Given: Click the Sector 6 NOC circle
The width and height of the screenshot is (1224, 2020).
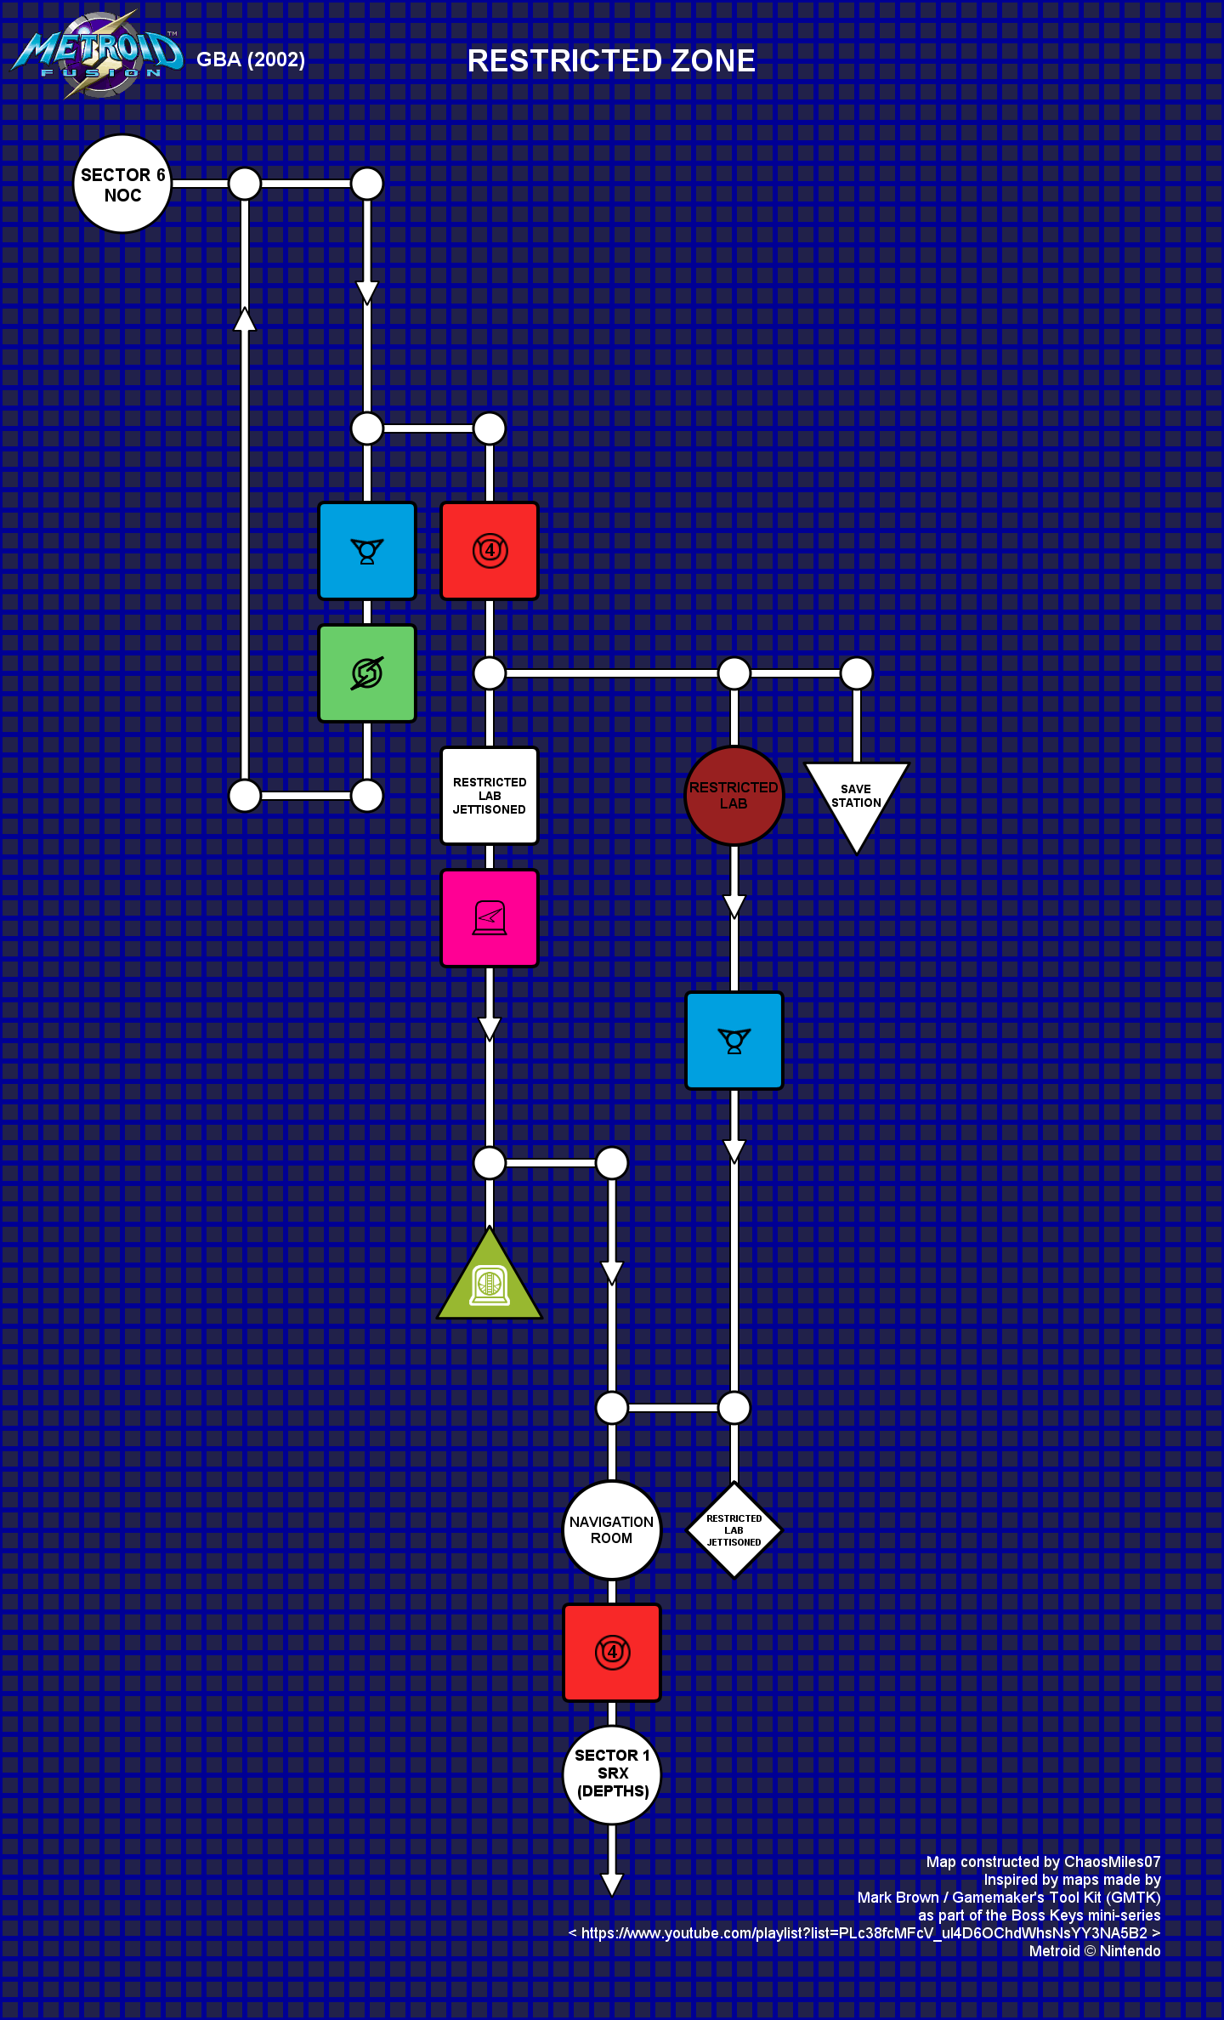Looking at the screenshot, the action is click(122, 184).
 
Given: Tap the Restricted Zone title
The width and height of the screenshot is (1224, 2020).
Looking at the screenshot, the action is click(611, 60).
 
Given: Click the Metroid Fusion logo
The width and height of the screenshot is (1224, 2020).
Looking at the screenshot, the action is click(98, 54).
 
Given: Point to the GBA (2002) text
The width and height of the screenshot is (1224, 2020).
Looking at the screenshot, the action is click(251, 60).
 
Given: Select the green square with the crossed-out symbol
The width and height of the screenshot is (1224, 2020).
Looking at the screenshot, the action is click(367, 673).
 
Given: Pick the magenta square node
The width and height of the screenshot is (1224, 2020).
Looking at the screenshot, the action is click(490, 918).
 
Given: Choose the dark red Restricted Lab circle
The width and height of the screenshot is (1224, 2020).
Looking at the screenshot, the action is click(734, 796).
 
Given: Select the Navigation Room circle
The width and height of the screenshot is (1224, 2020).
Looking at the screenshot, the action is click(612, 1530).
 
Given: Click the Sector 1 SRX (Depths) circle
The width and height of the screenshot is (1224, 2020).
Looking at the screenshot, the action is click(612, 1775).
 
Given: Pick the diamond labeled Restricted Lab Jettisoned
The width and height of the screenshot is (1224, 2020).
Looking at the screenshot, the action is click(734, 1530).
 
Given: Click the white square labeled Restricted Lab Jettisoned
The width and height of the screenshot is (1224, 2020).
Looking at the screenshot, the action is click(490, 796).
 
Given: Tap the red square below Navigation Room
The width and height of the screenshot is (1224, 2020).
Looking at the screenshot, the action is click(612, 1653).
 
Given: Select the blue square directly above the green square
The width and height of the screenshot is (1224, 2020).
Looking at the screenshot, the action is click(367, 551).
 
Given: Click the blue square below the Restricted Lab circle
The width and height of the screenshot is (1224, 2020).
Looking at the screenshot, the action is click(734, 1041).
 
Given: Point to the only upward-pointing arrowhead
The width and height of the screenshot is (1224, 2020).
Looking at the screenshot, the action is click(245, 319).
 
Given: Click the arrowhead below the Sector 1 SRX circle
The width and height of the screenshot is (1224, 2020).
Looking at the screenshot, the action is click(612, 1885).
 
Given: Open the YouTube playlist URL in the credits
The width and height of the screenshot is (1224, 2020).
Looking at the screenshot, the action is click(864, 1933).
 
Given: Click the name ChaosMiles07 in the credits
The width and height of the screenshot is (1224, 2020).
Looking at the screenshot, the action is click(1112, 1862).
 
